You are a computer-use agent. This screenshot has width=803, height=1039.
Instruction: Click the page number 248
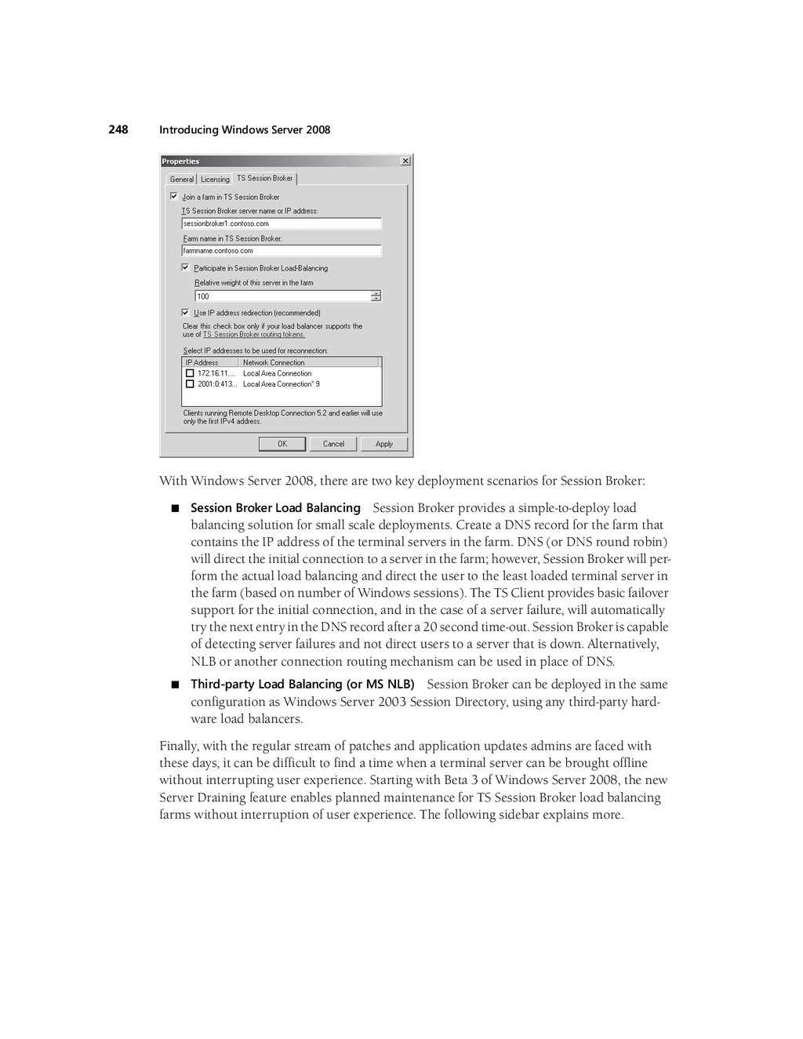[x=118, y=129]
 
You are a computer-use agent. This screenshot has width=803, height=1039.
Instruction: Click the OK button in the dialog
[x=282, y=444]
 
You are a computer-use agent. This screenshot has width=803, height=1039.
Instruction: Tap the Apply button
[x=384, y=444]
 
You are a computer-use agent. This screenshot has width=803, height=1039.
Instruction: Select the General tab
[x=182, y=180]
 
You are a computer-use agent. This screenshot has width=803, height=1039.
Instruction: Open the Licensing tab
[x=215, y=180]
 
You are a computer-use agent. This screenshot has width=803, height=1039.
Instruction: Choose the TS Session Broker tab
[x=265, y=178]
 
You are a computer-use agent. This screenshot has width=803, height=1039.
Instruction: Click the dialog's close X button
[x=405, y=162]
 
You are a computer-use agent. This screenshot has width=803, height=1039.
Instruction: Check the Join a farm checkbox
[x=174, y=197]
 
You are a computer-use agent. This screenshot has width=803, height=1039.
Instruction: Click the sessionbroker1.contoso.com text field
[x=282, y=223]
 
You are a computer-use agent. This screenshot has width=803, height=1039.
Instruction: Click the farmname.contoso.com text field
[x=282, y=251]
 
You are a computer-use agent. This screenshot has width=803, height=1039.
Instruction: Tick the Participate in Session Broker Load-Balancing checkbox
[x=186, y=267]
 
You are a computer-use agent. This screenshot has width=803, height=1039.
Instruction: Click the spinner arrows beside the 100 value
[x=376, y=296]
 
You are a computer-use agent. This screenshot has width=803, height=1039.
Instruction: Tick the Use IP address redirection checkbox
[x=186, y=312]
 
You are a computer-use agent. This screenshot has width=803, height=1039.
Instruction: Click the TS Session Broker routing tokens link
[x=254, y=335]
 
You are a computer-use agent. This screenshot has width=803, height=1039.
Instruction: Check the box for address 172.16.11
[x=190, y=373]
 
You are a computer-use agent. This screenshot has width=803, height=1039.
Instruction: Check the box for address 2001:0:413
[x=190, y=384]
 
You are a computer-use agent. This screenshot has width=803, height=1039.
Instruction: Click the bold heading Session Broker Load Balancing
[x=275, y=508]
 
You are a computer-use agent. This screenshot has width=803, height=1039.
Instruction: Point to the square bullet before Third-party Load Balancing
[x=175, y=685]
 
